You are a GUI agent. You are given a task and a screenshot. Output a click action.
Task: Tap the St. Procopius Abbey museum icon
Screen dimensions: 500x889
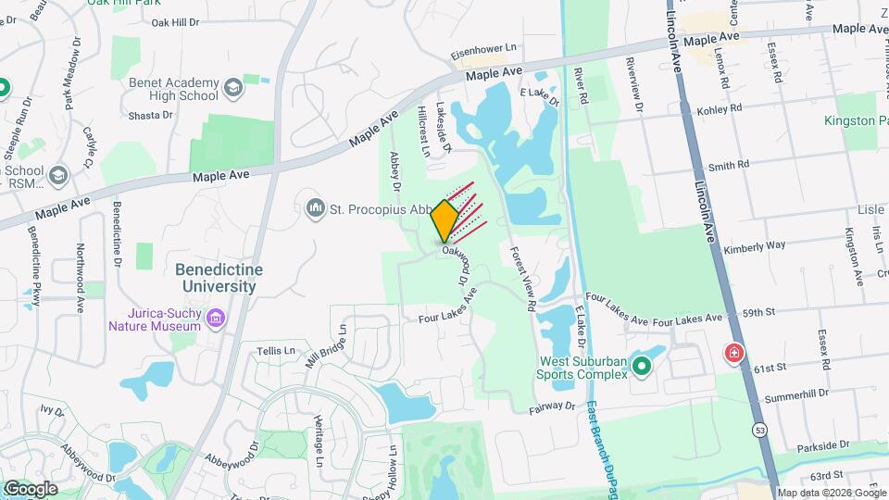tap(316, 208)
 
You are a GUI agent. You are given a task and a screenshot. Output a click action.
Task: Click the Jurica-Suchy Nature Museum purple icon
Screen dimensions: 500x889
tap(216, 319)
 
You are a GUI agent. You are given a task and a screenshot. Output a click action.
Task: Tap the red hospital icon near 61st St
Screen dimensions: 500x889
tap(733, 353)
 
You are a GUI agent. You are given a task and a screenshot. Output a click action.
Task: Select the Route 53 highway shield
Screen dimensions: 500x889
tap(760, 431)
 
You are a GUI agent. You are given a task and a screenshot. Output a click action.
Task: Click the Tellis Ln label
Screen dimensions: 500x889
tap(275, 351)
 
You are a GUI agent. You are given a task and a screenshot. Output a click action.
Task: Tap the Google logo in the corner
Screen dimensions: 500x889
tap(31, 488)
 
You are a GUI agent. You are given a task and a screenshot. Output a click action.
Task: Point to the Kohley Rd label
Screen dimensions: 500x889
tap(723, 108)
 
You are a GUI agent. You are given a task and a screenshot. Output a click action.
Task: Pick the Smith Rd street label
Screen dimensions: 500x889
tap(728, 166)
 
